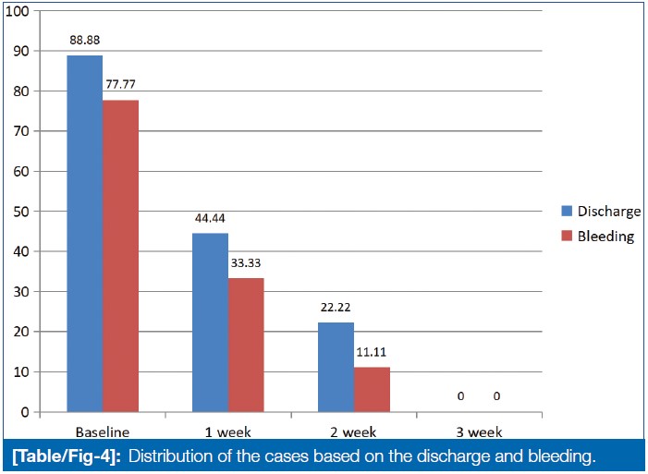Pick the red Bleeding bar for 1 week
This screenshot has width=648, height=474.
pyautogui.click(x=246, y=344)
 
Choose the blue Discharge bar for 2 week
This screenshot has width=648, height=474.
pyautogui.click(x=336, y=367)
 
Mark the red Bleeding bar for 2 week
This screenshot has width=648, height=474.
pyautogui.click(x=372, y=389)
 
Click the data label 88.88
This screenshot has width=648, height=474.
pyautogui.click(x=84, y=42)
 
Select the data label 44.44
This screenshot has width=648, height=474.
pyautogui.click(x=210, y=220)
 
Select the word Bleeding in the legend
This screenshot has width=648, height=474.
pyautogui.click(x=605, y=236)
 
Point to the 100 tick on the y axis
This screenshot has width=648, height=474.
pyautogui.click(x=20, y=11)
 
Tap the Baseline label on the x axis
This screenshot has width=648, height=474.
pyautogui.click(x=102, y=431)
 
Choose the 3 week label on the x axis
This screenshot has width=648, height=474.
pyautogui.click(x=478, y=431)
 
